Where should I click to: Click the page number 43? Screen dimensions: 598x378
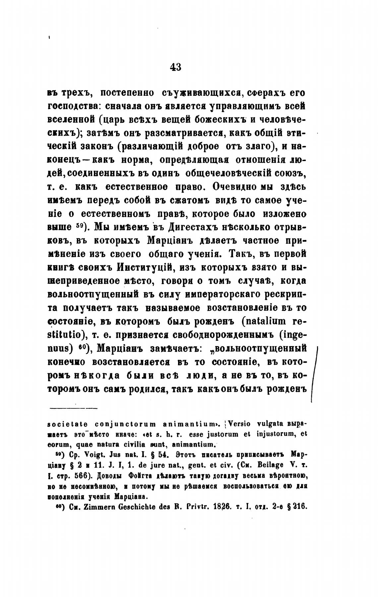[x=175, y=67]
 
